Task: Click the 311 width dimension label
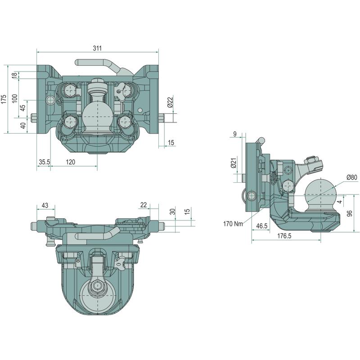97,48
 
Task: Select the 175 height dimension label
4,99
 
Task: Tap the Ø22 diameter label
170,102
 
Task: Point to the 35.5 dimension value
44,162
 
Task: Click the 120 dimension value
71,162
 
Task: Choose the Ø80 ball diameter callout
352,177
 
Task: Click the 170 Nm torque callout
233,224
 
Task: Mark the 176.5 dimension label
284,236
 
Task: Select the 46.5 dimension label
262,226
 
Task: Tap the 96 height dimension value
350,213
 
